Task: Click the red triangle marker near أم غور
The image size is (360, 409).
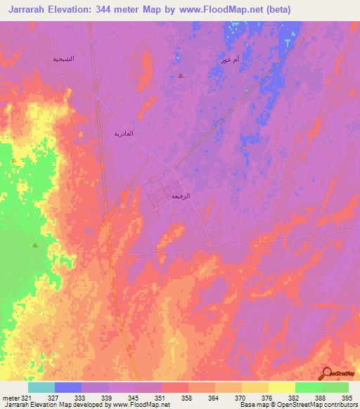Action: (181, 75)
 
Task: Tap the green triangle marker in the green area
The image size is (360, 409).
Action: (35, 245)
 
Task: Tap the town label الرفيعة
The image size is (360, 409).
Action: (181, 197)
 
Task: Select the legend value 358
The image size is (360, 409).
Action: (187, 398)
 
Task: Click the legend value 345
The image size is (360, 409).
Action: (134, 398)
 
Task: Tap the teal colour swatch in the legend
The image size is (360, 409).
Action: (41, 387)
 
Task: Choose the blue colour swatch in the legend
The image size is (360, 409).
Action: (68, 387)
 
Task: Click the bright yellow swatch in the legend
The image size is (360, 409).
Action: (281, 387)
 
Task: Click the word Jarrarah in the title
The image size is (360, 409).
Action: (32, 10)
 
